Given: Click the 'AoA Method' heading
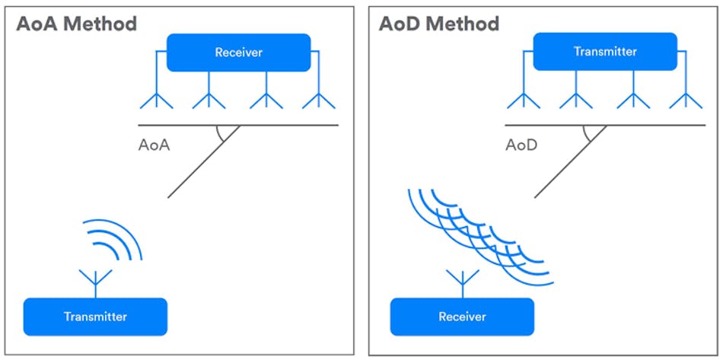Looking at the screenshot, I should (x=76, y=24).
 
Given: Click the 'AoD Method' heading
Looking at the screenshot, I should (x=439, y=24).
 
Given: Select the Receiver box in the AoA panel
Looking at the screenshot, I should (x=238, y=53).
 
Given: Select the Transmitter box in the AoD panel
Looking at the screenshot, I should (x=605, y=52).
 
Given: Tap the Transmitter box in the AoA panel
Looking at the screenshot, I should (x=95, y=317).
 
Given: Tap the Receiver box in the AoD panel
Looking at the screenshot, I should (x=462, y=317).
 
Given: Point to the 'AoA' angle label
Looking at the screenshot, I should (x=154, y=145).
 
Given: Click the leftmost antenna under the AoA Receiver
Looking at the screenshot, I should (x=156, y=100).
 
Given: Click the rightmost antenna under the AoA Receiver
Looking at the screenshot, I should (x=318, y=100).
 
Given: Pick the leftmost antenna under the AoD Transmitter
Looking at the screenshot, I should (x=523, y=100).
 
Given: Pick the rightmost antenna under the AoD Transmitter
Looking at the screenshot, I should (x=685, y=100).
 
